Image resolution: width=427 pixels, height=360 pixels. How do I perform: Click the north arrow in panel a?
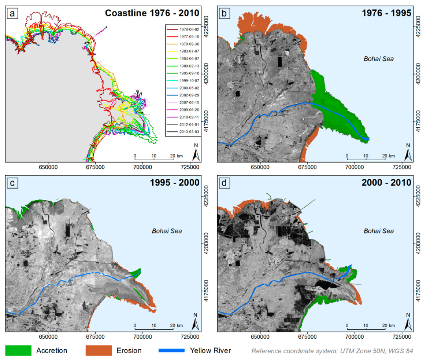(196, 152)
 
